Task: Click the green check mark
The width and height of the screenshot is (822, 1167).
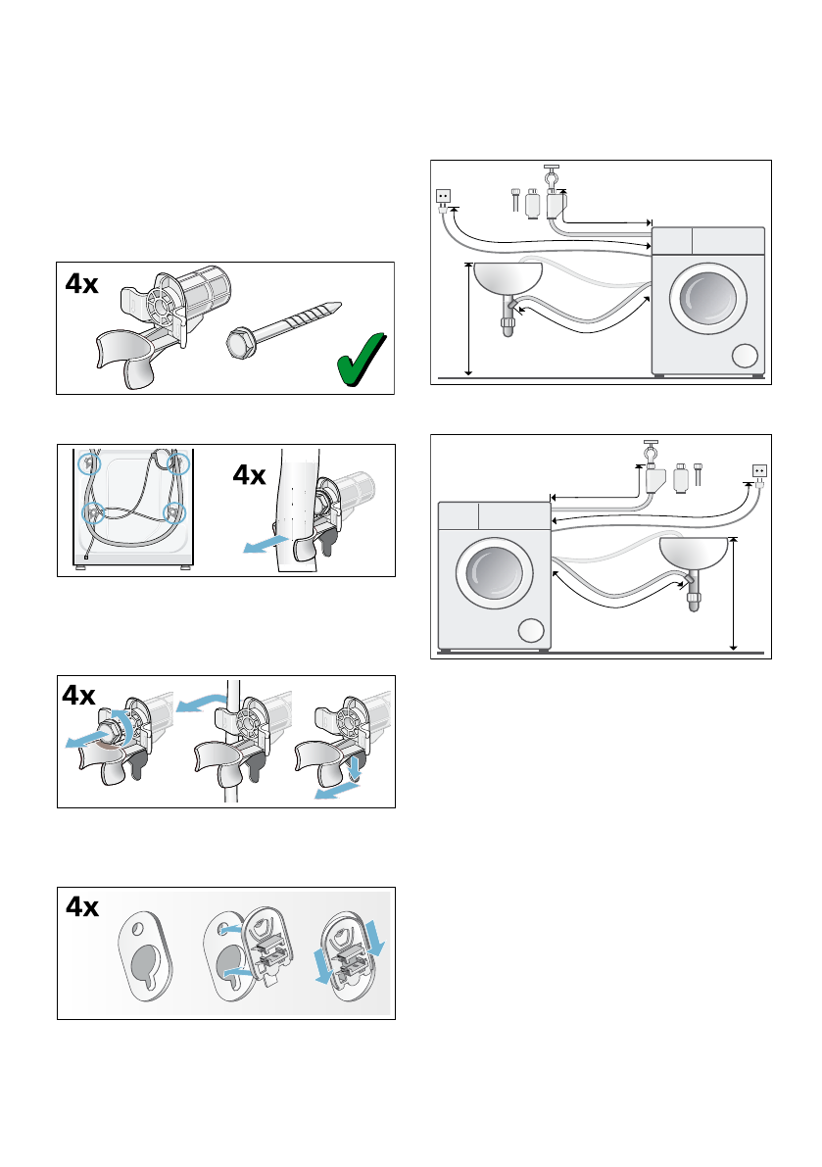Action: pos(359,360)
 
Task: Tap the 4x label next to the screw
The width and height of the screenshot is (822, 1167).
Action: pos(81,284)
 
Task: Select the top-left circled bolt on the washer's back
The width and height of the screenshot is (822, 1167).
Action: pos(91,462)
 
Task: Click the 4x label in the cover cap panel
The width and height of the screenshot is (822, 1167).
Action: pos(81,908)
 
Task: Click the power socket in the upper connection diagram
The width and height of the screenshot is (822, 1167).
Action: pos(443,196)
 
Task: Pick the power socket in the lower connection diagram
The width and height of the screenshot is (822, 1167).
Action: pos(759,470)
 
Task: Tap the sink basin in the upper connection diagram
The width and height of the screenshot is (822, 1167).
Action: pos(507,279)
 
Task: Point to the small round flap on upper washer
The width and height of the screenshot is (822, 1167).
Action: pos(746,355)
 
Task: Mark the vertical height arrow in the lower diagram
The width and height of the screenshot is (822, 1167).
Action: pos(734,594)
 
